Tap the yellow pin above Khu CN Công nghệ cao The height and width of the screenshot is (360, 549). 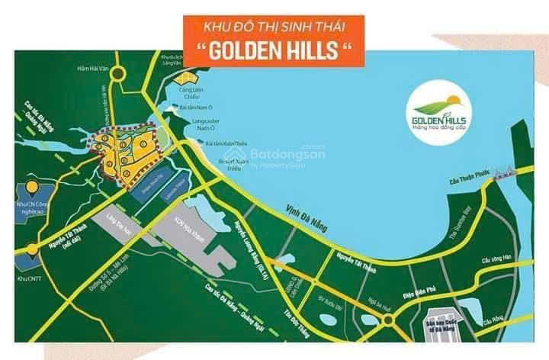coord(31,186)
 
